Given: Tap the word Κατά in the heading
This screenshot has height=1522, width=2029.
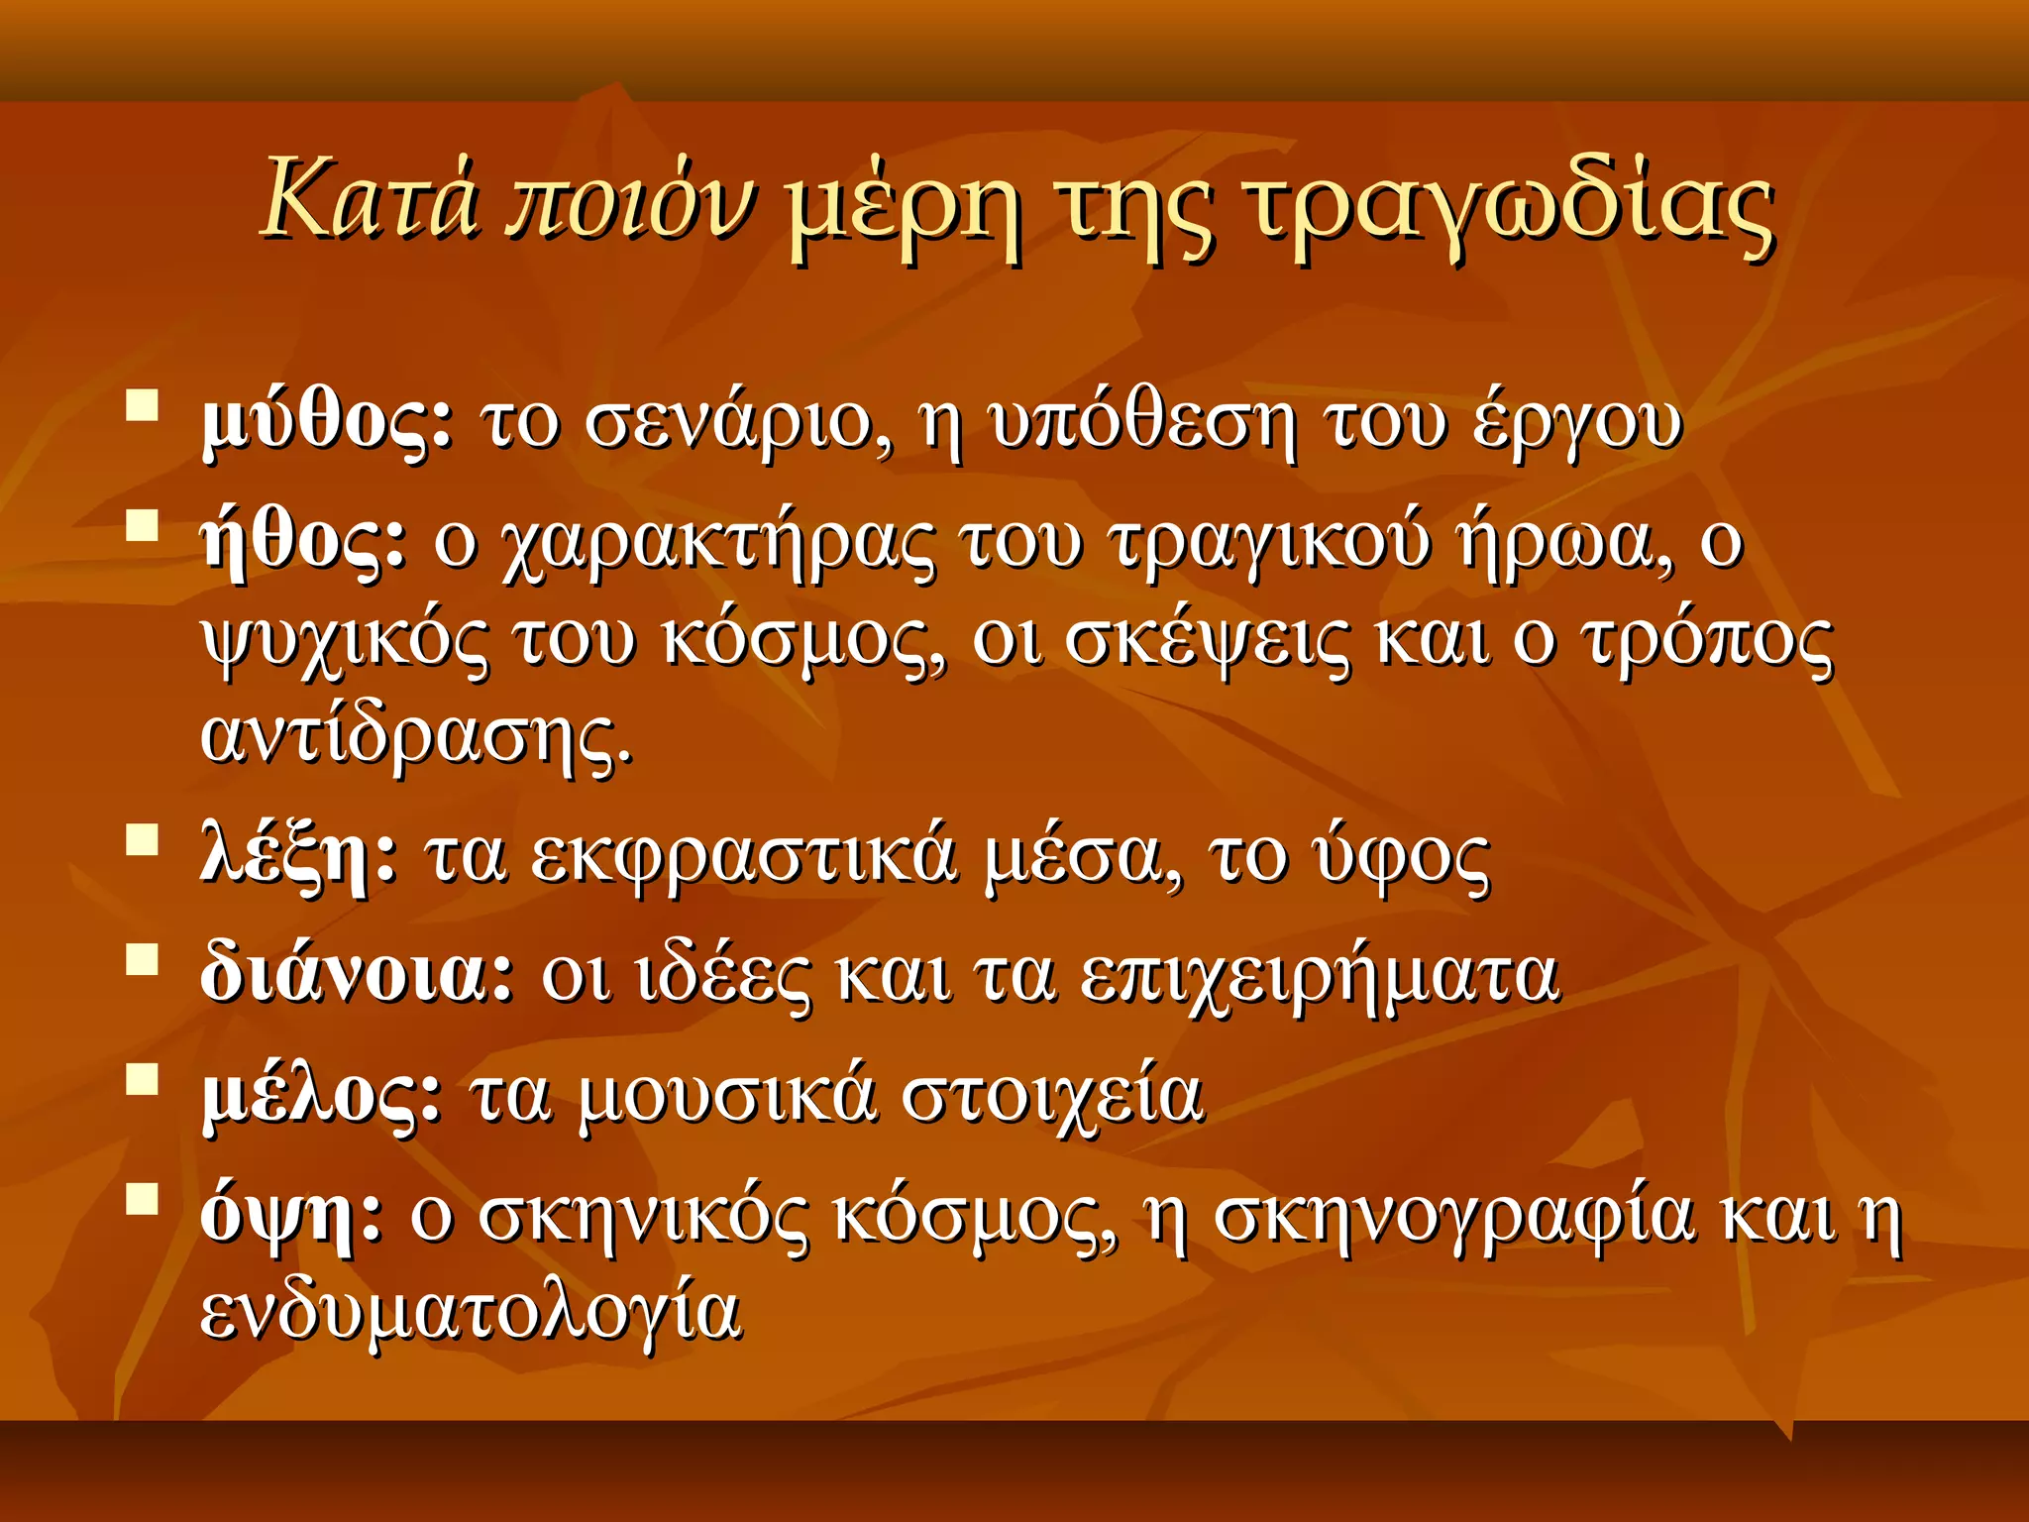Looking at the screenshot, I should coord(372,201).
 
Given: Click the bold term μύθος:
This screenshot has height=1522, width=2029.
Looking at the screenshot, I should coord(328,423).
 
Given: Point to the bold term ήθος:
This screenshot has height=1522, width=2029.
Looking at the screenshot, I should coord(303,542).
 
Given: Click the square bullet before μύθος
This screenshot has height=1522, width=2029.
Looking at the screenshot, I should coord(143,406).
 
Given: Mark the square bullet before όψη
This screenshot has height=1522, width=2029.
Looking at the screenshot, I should coord(143,1198).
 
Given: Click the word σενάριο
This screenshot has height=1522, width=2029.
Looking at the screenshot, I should coord(737,423).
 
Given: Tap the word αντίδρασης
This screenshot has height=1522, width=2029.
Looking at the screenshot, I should coord(416,738).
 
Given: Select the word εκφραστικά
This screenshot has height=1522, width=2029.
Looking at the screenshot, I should coord(743,856).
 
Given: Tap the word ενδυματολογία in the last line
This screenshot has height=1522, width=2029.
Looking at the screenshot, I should coord(471,1313).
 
